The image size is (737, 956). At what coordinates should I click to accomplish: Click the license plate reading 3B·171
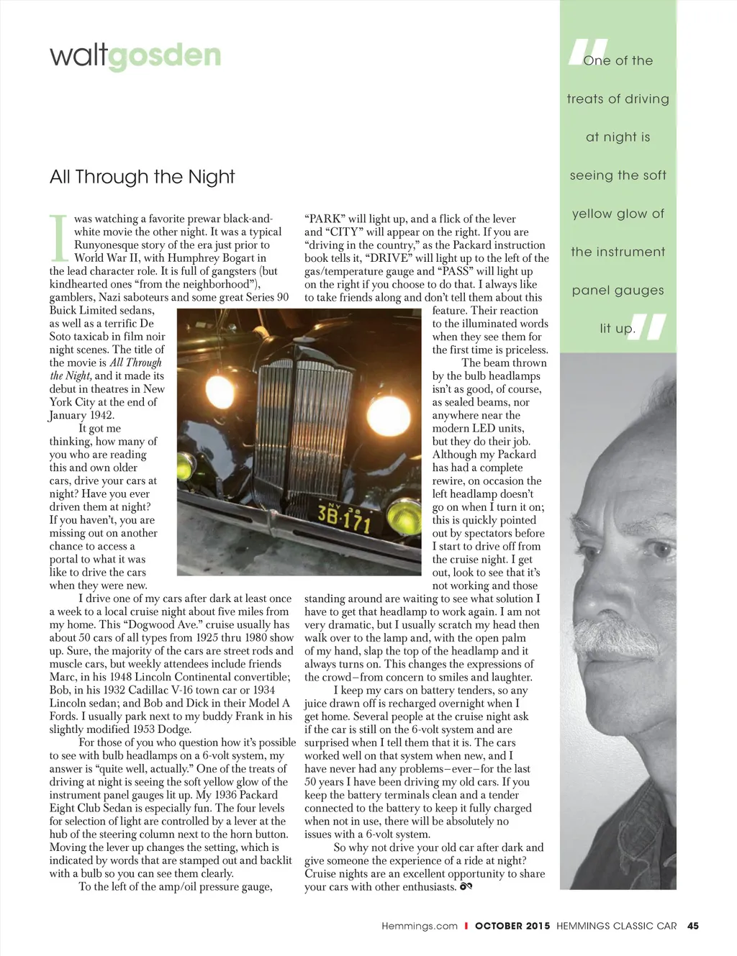point(344,517)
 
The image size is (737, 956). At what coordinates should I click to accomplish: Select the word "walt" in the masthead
point(78,55)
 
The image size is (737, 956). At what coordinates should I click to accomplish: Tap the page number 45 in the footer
point(693,926)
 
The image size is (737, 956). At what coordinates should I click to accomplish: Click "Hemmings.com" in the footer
point(420,926)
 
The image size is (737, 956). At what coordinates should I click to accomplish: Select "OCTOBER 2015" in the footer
point(512,926)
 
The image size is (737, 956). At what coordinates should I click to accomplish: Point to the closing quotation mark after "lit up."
point(648,327)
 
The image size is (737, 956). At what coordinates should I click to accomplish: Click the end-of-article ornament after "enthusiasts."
point(466,886)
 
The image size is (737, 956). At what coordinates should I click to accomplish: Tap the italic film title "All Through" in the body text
point(135,363)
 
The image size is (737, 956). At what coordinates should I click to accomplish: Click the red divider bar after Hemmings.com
point(466,926)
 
